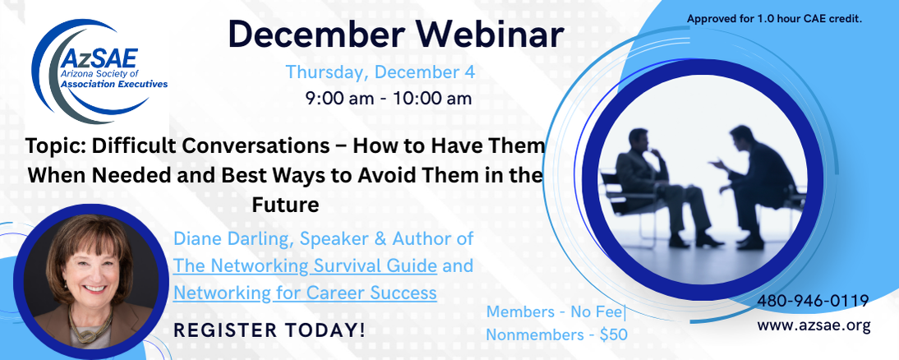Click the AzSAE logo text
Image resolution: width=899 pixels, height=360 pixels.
pos(100,58)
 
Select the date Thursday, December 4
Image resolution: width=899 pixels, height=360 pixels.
pos(380,72)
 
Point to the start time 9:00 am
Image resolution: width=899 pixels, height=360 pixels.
pos(341,99)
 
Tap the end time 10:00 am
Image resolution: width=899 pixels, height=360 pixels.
pos(433,99)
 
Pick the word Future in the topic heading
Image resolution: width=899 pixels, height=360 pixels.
pos(285,205)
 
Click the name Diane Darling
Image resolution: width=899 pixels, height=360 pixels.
pos(233,239)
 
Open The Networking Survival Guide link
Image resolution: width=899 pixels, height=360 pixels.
pos(306,266)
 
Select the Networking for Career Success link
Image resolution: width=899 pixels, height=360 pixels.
pos(305,293)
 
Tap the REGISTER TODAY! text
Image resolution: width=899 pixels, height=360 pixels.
pos(270,330)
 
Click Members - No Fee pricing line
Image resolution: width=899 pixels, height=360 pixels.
pos(556,312)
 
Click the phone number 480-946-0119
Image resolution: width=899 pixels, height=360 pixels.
pos(813,300)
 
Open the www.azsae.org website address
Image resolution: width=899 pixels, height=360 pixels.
pos(814,325)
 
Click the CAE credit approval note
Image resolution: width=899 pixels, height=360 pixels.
pos(775,19)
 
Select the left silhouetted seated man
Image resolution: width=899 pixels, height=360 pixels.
pos(657,187)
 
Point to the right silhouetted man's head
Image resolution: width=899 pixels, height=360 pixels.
pos(742,138)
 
